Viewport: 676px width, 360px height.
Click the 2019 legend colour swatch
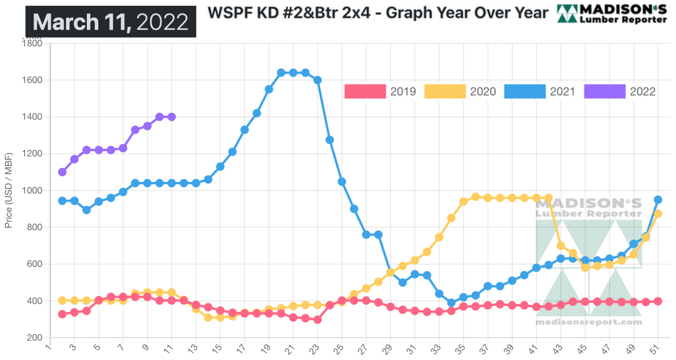click(x=365, y=91)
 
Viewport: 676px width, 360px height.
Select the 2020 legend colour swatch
click(x=445, y=91)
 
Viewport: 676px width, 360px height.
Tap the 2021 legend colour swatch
click(x=525, y=91)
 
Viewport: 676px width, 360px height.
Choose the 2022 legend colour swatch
click(x=605, y=91)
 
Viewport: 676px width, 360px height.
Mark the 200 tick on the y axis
click(x=34, y=338)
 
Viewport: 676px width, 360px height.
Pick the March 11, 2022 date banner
click(x=111, y=22)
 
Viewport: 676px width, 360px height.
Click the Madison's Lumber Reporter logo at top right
click(x=612, y=14)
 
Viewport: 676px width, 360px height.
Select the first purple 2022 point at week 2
click(x=62, y=172)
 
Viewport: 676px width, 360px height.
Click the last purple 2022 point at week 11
click(x=171, y=117)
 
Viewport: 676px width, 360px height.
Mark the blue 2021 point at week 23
click(x=317, y=80)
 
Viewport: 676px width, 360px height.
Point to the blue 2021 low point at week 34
click(x=451, y=303)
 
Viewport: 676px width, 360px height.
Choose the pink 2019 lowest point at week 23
click(x=317, y=319)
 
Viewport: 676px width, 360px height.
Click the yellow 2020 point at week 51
click(x=657, y=214)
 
